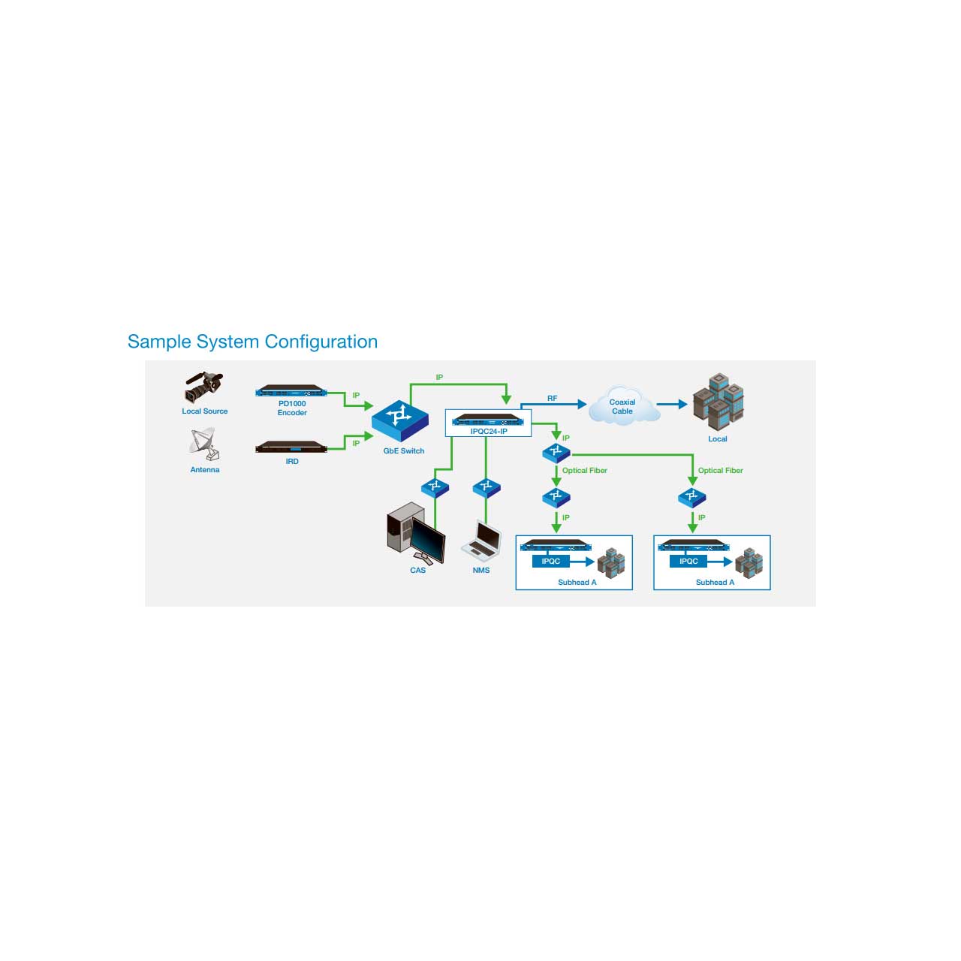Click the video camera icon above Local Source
pyautogui.click(x=203, y=387)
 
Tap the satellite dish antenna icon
pyautogui.click(x=204, y=444)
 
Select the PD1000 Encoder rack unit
pyautogui.click(x=291, y=391)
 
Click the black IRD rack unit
pyautogui.click(x=291, y=447)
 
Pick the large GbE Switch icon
pyautogui.click(x=400, y=420)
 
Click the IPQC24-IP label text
pyautogui.click(x=489, y=432)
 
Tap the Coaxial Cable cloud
pyautogui.click(x=623, y=406)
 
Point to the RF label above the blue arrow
pyautogui.click(x=552, y=399)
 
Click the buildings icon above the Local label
pyautogui.click(x=718, y=402)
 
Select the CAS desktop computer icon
pyautogui.click(x=415, y=533)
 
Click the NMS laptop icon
pyautogui.click(x=481, y=538)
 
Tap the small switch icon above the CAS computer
pyautogui.click(x=435, y=488)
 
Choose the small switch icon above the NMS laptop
pyautogui.click(x=487, y=488)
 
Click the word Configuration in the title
pyautogui.click(x=321, y=342)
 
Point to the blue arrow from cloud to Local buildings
pyautogui.click(x=672, y=404)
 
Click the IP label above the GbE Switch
pyautogui.click(x=439, y=378)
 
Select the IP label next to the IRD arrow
pyautogui.click(x=356, y=444)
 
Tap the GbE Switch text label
pyautogui.click(x=404, y=450)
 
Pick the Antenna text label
pyautogui.click(x=205, y=470)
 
